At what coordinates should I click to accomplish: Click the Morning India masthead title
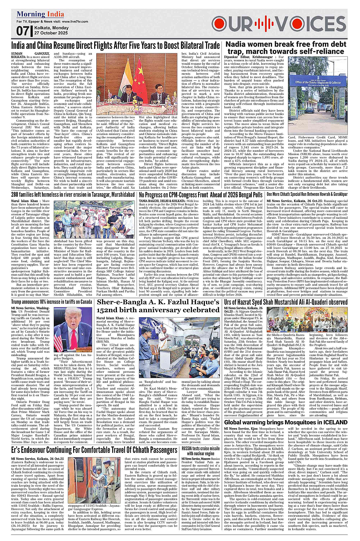coord(40,14)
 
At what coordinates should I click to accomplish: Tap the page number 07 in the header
coord(22,31)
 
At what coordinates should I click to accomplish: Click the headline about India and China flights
coord(115,45)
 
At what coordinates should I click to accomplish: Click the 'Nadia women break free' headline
coord(286,48)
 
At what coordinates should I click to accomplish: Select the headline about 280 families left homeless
coord(72,194)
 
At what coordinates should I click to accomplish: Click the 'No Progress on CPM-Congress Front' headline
coord(200,194)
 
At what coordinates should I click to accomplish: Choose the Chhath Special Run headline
coord(307,194)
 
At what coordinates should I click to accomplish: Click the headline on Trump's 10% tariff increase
coord(51,302)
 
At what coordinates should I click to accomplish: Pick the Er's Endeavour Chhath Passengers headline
coord(94,450)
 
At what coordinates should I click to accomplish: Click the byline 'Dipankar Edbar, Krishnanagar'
coord(248,56)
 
